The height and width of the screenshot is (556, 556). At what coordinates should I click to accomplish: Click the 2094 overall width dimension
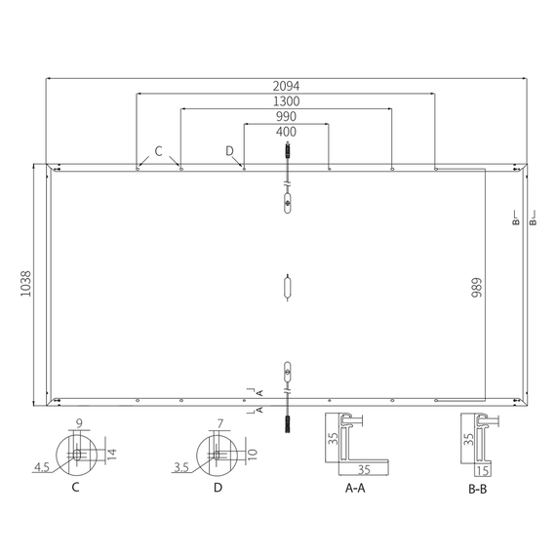pos(286,86)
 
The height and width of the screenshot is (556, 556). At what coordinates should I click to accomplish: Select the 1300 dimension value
pos(286,101)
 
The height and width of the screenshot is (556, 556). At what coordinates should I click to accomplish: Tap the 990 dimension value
pos(286,117)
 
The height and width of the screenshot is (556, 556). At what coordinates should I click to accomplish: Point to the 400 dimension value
pos(286,132)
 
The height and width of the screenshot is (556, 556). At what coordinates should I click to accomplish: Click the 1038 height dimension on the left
pos(26,284)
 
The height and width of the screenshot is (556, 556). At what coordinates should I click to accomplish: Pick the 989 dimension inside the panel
pos(477,288)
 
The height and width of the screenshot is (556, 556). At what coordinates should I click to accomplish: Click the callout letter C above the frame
pos(158,151)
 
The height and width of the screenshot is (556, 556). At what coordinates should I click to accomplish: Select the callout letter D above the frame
pos(230,151)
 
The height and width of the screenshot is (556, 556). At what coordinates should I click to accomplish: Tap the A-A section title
pos(355,489)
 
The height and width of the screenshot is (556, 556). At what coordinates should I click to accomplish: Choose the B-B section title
pos(478,490)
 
